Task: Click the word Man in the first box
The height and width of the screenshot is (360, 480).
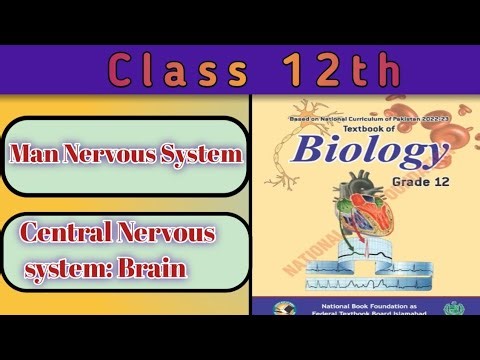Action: tap(38, 155)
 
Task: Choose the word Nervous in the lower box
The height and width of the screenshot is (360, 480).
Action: tap(170, 236)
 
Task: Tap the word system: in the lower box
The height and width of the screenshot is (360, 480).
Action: tap(72, 268)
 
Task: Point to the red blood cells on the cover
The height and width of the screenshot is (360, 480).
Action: tap(440, 130)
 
